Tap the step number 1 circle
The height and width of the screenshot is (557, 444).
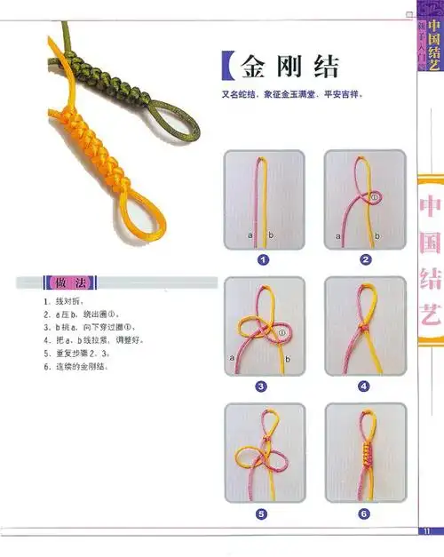263,259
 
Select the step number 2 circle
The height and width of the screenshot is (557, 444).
364,259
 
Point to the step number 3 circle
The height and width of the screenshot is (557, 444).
263,386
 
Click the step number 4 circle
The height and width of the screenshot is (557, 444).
364,386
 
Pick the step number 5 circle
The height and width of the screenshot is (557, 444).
263,513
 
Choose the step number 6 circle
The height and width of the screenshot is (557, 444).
364,513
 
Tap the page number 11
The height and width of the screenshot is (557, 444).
426,531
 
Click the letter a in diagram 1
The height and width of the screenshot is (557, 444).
250,236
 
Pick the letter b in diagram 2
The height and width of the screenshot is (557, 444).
377,236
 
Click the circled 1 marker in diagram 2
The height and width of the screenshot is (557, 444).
376,198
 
